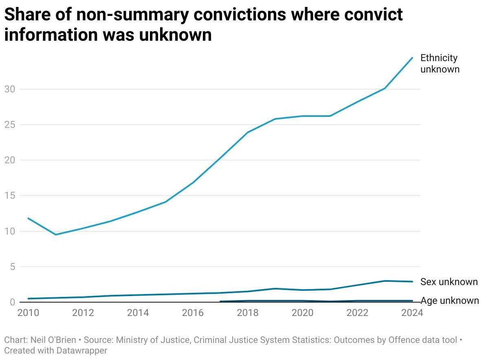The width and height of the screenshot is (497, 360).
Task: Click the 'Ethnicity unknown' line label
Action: coord(440,64)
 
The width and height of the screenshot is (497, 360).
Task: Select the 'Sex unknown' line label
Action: coord(449,282)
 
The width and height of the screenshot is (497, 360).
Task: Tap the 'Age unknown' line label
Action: coord(449,301)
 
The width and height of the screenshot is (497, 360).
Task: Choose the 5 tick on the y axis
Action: coord(12,267)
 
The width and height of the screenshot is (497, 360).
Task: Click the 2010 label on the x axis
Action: coord(28,313)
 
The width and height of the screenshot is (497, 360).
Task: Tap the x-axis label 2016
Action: coord(193,313)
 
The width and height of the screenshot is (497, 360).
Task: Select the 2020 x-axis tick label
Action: coord(303,313)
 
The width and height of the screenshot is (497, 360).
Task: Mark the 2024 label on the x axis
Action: coord(412,313)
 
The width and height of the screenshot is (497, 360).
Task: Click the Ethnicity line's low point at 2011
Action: coord(56,235)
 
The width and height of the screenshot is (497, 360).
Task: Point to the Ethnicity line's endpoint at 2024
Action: coord(412,58)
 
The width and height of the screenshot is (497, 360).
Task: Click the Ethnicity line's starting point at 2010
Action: coord(28,218)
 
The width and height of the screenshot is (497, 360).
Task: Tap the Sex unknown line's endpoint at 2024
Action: coord(412,281)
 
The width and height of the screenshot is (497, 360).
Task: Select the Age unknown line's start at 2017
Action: coord(220,301)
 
